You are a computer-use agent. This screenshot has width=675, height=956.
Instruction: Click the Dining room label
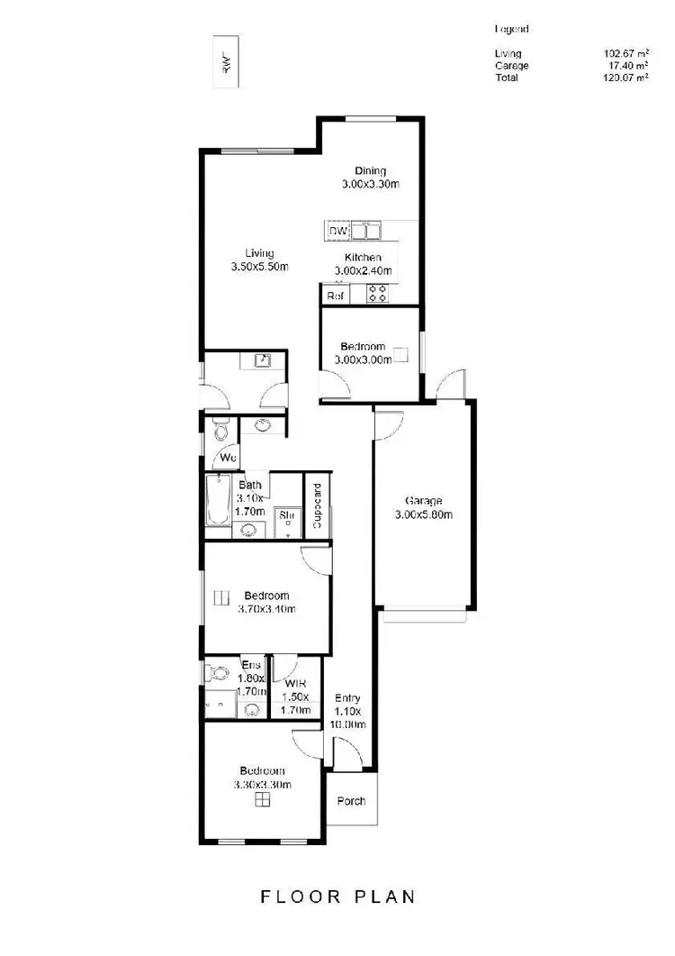[370, 171]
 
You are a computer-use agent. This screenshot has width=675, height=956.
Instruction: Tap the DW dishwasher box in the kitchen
[338, 232]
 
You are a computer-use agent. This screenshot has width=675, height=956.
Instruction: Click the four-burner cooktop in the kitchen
[377, 293]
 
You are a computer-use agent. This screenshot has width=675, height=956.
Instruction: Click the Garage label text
[423, 501]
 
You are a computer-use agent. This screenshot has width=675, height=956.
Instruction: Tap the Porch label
[351, 801]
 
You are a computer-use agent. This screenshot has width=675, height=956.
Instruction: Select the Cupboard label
[317, 506]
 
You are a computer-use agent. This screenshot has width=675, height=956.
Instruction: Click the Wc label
[229, 459]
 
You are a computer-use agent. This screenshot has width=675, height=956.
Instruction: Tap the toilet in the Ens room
[216, 673]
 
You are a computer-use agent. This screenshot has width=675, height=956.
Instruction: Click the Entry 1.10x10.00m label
[347, 711]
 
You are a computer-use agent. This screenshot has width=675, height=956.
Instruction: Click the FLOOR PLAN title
[338, 897]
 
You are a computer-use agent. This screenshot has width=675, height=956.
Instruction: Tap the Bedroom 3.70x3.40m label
[266, 602]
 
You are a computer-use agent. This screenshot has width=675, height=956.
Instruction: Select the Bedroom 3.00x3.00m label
[363, 353]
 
